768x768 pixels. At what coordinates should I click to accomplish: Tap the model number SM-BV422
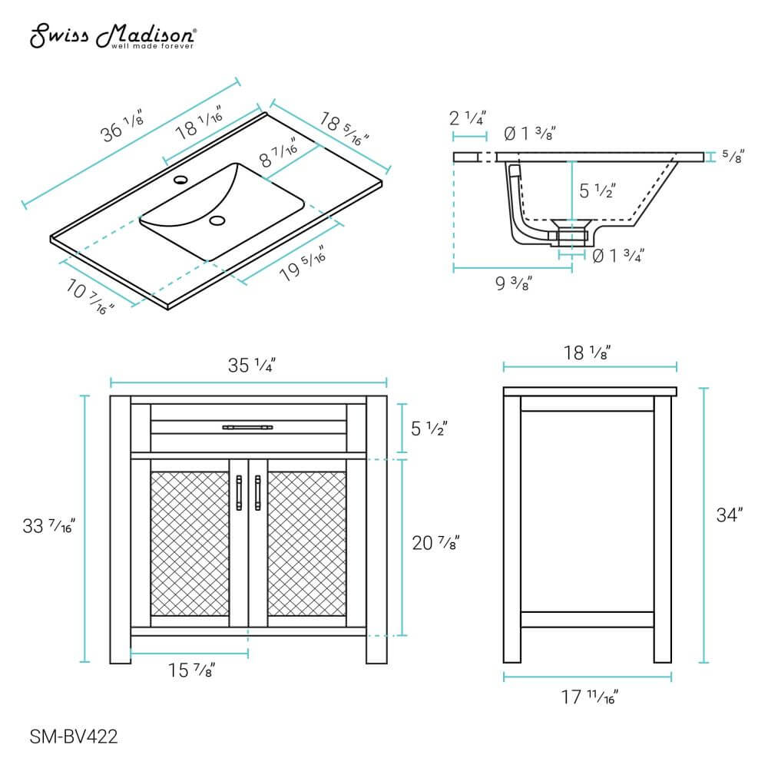[x=74, y=737]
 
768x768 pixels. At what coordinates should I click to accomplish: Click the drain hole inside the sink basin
[x=217, y=222]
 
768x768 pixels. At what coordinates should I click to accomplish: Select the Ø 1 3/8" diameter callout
[x=529, y=134]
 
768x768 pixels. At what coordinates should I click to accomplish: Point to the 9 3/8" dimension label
[x=513, y=284]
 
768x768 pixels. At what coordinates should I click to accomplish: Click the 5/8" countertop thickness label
[x=733, y=157]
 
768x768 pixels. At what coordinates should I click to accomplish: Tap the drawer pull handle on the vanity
[x=247, y=426]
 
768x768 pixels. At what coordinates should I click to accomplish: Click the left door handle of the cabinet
[x=239, y=492]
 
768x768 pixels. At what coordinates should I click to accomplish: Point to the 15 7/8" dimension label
[x=190, y=670]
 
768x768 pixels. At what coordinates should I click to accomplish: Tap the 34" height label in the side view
[x=730, y=515]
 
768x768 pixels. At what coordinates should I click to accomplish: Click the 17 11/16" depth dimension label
[x=589, y=697]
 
